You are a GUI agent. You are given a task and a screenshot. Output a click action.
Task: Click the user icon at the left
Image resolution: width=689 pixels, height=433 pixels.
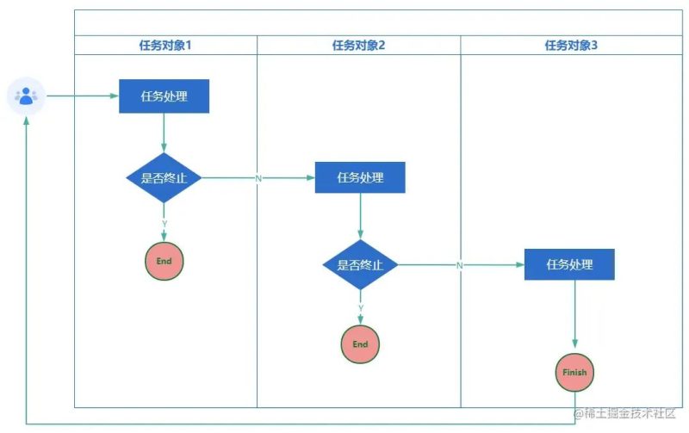click(26, 96)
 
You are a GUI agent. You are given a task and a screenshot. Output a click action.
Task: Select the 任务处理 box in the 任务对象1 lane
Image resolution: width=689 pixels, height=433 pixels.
click(164, 96)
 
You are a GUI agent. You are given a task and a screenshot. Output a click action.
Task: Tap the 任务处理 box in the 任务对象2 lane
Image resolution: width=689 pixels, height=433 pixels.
click(360, 177)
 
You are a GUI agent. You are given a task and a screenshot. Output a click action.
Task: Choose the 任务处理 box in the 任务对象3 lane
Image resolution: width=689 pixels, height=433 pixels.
click(570, 264)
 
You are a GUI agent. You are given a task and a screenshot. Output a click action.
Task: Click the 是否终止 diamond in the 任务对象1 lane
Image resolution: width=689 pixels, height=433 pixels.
click(164, 178)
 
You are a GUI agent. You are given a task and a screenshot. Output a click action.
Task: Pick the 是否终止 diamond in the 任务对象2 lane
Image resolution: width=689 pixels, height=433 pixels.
click(360, 265)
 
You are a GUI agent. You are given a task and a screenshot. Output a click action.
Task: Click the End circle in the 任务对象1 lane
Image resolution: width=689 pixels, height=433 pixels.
click(164, 261)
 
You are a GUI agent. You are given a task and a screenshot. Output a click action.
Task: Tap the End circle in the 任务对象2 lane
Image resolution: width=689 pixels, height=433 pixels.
click(360, 344)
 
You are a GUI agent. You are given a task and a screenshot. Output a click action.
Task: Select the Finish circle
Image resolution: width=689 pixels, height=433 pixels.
click(574, 373)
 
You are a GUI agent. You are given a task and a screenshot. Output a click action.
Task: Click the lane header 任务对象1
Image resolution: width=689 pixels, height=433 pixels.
click(165, 46)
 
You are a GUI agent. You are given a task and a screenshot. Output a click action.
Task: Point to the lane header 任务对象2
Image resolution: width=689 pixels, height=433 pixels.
click(358, 46)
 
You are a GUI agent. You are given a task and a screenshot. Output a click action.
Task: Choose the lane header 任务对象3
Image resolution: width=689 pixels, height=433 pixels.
click(571, 46)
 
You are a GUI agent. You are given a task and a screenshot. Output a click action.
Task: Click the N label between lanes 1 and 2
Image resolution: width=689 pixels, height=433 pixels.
click(258, 178)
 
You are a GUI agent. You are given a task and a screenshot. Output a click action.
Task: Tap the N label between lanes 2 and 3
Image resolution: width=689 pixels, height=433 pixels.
click(460, 265)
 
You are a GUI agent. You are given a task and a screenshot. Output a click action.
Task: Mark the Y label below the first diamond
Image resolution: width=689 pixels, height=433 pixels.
click(164, 224)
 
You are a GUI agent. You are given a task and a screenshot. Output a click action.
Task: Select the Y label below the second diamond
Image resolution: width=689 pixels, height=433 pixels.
click(360, 307)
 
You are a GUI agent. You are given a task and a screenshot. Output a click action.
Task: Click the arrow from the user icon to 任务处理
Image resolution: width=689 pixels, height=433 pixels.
click(82, 96)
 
